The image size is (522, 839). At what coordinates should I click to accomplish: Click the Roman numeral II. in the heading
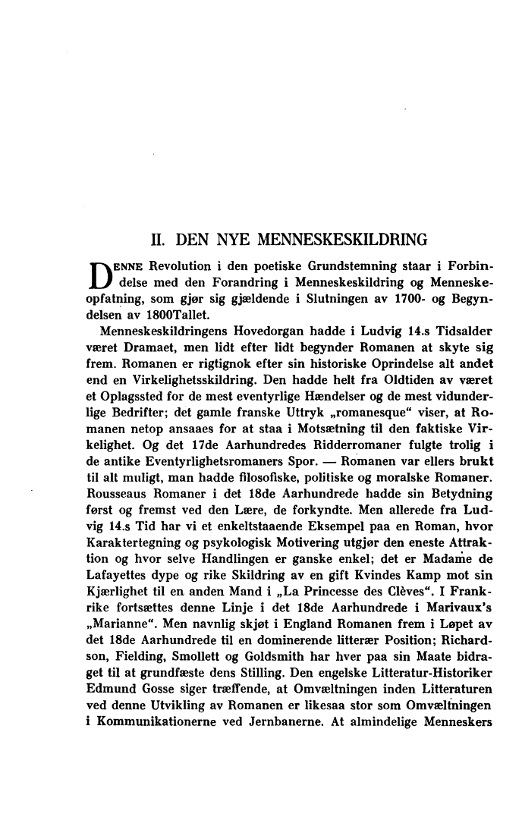click(x=159, y=242)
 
